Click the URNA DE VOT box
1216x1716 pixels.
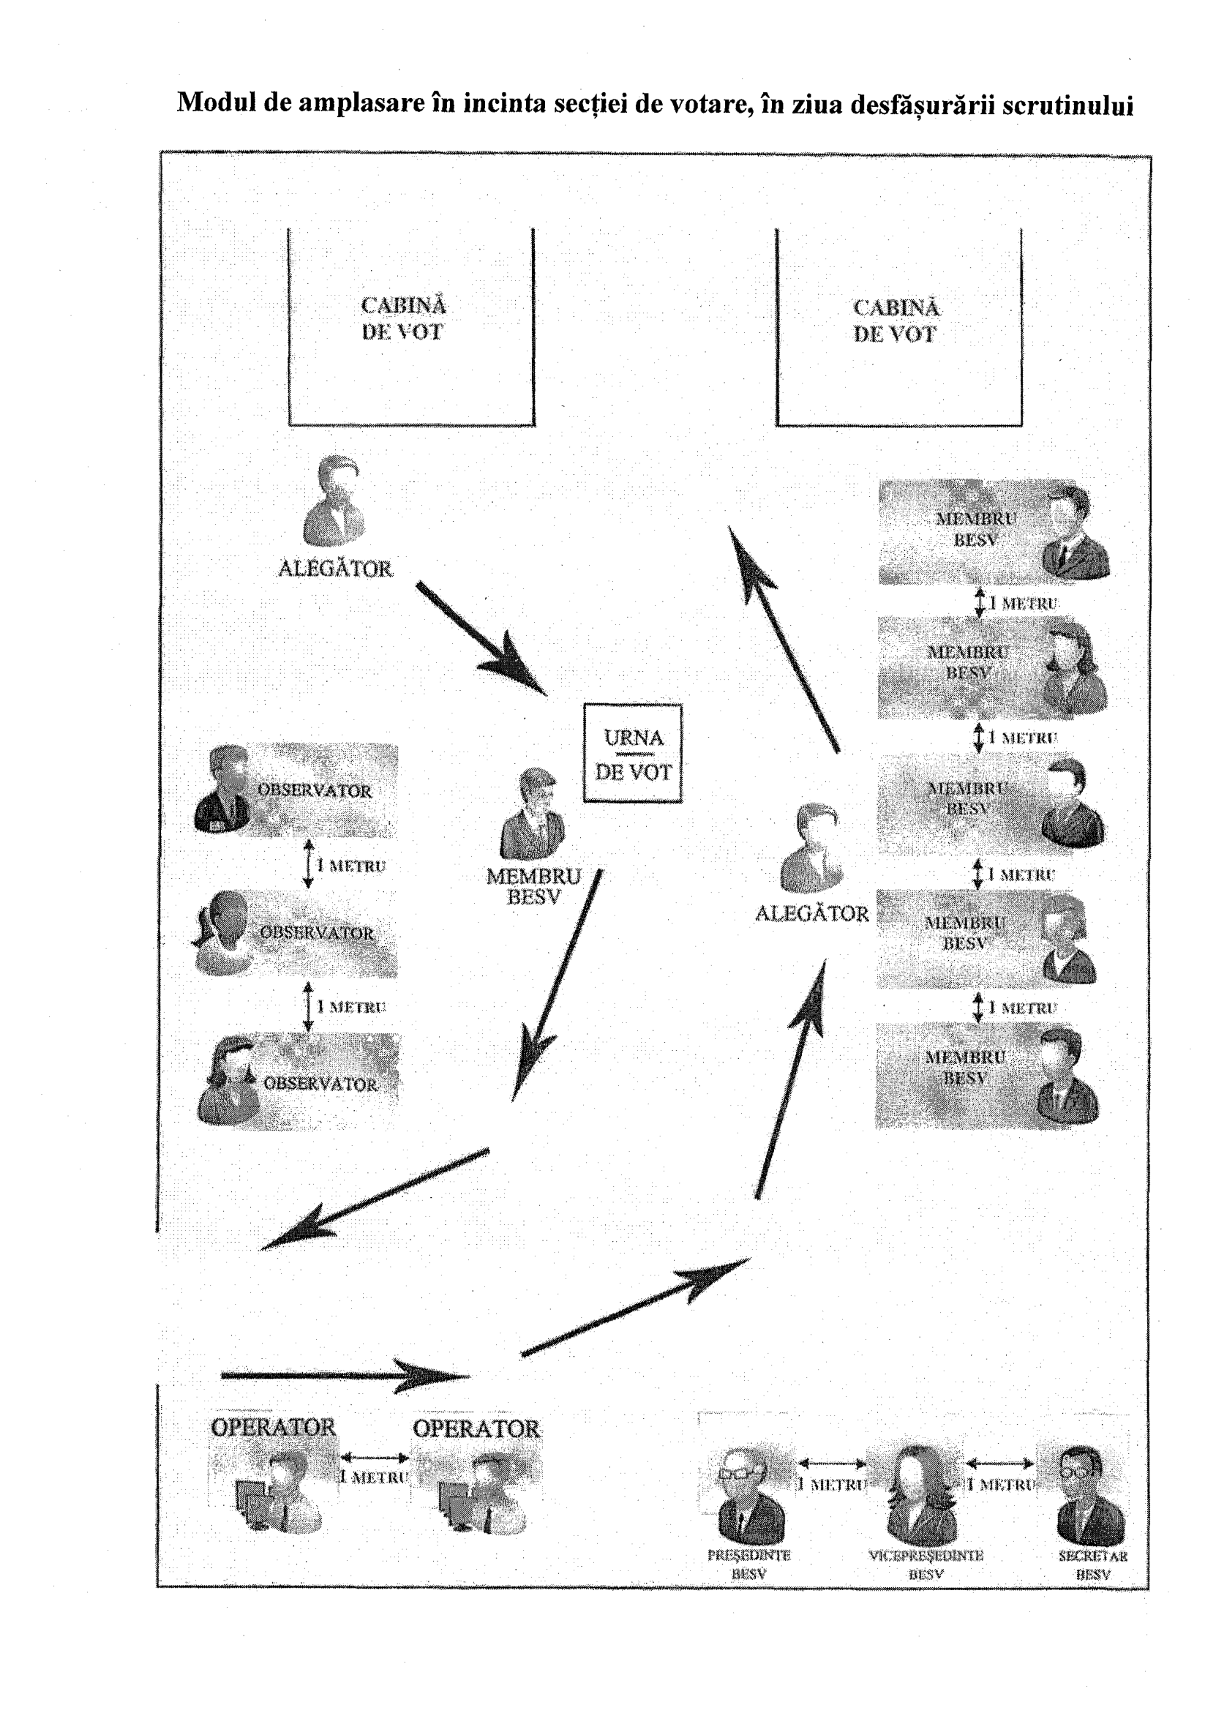click(633, 753)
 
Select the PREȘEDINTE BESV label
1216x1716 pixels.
click(748, 1564)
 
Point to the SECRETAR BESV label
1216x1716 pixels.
click(1092, 1565)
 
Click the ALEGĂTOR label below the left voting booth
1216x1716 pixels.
click(334, 569)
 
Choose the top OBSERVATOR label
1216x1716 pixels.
click(315, 790)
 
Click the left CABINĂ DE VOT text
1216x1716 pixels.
click(403, 319)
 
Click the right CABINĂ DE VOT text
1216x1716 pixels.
click(896, 321)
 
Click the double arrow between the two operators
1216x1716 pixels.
click(375, 1457)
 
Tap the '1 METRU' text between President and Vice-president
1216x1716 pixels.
click(831, 1483)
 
